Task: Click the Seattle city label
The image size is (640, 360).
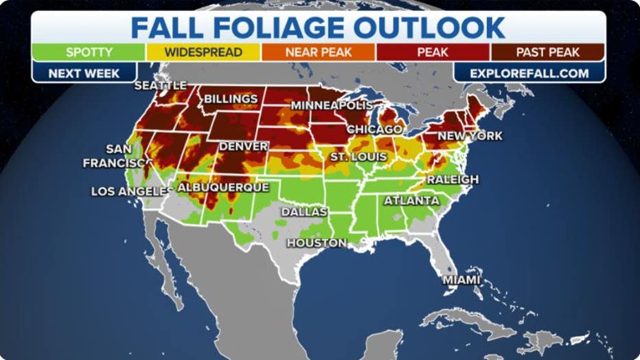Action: tap(160, 85)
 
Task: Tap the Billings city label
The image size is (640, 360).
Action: tap(230, 100)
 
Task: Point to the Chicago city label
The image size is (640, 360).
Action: tap(374, 129)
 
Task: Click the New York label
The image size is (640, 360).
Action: tap(470, 136)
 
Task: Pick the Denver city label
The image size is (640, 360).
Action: tap(243, 146)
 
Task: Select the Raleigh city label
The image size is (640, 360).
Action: tap(453, 179)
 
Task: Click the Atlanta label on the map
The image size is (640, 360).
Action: tap(411, 201)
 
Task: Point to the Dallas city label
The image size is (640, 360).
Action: tap(304, 212)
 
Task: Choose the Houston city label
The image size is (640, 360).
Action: tap(317, 243)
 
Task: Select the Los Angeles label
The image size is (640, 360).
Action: tap(129, 191)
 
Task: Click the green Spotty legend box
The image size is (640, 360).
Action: tap(89, 52)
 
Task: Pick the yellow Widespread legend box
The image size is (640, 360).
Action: tap(203, 52)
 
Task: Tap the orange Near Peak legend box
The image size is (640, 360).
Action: tap(317, 52)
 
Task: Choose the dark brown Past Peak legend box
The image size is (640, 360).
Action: tap(547, 52)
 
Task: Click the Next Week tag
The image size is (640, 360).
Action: tap(84, 72)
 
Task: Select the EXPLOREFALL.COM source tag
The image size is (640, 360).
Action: tap(529, 72)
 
